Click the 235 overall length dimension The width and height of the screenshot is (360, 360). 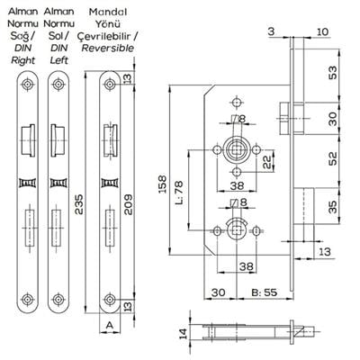pos(79,204)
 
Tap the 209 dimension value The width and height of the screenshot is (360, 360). pos(128,204)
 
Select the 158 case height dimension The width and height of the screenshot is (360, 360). pos(162,184)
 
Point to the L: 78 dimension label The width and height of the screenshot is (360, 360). pos(178,192)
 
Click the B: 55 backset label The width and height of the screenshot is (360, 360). pos(265,292)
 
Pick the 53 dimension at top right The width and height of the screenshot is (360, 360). pos(332,72)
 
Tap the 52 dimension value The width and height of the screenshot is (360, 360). pos(332,158)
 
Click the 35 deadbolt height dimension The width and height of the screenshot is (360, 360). pos(332,206)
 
